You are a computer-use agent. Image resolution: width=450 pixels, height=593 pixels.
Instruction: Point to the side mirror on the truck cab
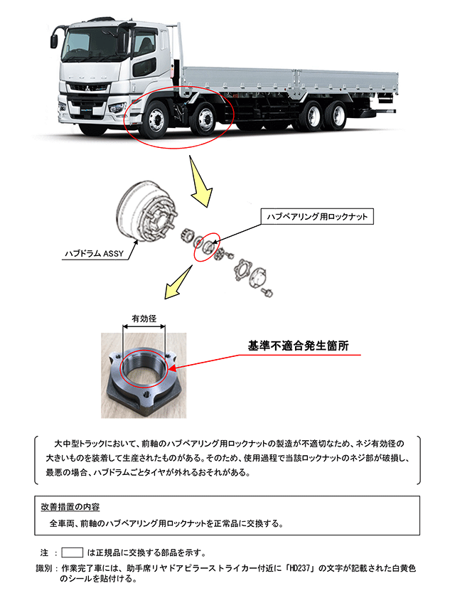pyautogui.click(x=53, y=40)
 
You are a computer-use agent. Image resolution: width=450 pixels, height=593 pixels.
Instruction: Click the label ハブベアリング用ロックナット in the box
pyautogui.click(x=317, y=216)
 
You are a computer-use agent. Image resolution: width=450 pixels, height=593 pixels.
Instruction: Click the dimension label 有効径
pyautogui.click(x=144, y=319)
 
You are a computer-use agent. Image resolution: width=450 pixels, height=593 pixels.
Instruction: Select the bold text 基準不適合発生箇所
pyautogui.click(x=298, y=346)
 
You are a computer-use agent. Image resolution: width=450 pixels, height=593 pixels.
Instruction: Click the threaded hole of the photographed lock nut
pyautogui.click(x=145, y=370)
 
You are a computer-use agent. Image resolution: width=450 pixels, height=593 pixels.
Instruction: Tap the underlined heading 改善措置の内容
pyautogui.click(x=70, y=507)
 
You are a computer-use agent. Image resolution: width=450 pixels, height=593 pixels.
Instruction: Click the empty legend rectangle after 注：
pyautogui.click(x=73, y=552)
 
